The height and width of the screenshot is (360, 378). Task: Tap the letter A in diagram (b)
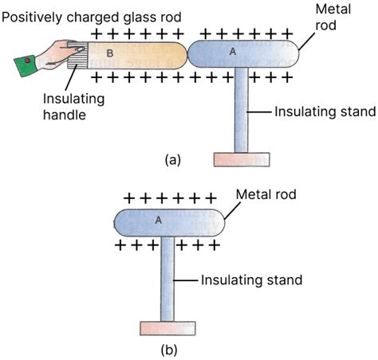point(159,221)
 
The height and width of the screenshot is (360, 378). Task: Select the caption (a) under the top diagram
point(172,159)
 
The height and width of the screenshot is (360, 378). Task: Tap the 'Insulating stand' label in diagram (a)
point(323,112)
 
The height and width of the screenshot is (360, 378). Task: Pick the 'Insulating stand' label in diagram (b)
point(251,280)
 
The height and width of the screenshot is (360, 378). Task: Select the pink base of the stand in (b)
point(167,327)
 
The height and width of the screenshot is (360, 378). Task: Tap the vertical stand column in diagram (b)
point(167,279)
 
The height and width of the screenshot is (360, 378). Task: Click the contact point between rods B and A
point(187,56)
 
